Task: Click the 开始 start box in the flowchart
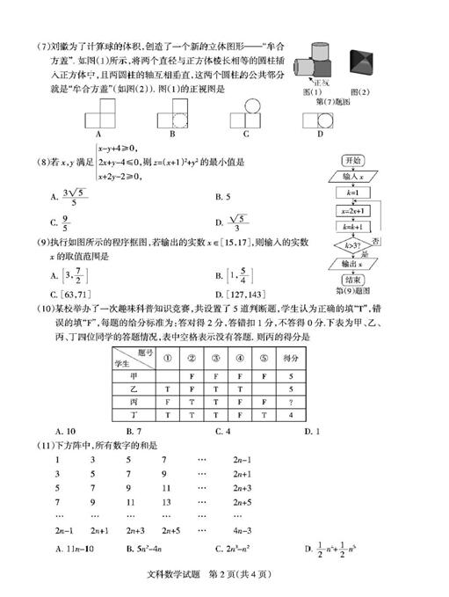[x=353, y=161]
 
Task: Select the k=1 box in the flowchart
[x=353, y=192]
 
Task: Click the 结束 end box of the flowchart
[x=353, y=280]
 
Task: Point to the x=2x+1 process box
[x=353, y=211]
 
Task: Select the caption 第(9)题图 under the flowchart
[x=352, y=290]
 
